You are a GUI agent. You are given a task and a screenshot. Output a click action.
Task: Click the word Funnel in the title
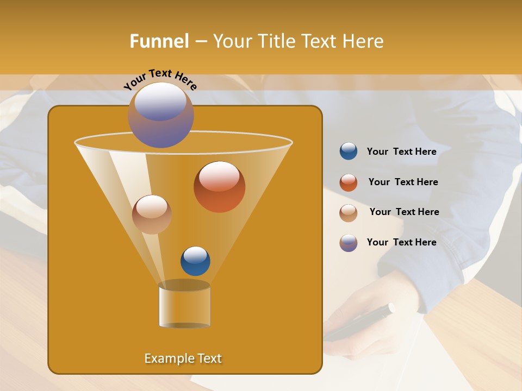point(159,41)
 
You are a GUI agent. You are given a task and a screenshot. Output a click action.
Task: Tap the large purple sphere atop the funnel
point(160,115)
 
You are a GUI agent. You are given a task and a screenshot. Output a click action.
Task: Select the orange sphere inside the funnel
point(219,187)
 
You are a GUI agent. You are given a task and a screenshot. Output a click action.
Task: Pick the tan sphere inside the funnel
point(152,215)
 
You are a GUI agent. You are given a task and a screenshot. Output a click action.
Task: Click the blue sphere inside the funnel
point(195,261)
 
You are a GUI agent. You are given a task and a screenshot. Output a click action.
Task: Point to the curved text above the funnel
point(160,79)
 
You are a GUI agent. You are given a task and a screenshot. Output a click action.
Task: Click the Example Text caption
point(183,358)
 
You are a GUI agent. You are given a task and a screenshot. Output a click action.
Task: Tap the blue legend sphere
point(349,152)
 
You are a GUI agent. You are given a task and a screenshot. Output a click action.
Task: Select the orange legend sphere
point(349,182)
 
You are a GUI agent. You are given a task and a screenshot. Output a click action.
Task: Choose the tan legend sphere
point(349,213)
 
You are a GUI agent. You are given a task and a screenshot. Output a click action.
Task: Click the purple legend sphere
point(349,243)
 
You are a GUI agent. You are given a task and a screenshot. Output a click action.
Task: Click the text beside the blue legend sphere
point(401,152)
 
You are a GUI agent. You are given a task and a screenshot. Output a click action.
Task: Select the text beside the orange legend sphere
point(403,182)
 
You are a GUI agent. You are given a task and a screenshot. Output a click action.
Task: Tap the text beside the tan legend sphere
point(404,212)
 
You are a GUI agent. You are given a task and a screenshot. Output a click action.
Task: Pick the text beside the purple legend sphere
point(401,242)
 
